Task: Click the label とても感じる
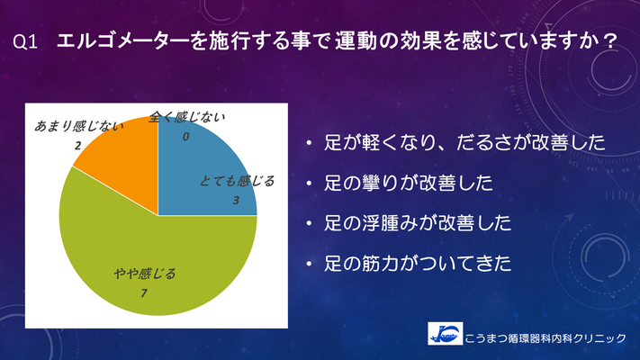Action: [x=237, y=181]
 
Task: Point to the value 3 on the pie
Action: [x=236, y=201]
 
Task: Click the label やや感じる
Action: [x=145, y=274]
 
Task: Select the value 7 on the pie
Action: [x=144, y=293]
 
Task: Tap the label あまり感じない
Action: [x=78, y=126]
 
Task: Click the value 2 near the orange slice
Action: [x=77, y=145]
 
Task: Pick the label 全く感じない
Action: [x=186, y=118]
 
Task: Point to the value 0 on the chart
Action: [x=185, y=137]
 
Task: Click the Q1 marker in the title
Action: [x=25, y=42]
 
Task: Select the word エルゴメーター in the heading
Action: [x=122, y=40]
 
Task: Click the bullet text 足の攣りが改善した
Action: [x=409, y=183]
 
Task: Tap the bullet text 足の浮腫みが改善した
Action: [x=418, y=223]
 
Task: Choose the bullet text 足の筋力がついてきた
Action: [x=418, y=264]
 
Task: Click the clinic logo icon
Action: [x=446, y=334]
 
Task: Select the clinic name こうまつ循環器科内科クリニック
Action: [x=545, y=338]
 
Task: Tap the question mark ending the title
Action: [x=610, y=41]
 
